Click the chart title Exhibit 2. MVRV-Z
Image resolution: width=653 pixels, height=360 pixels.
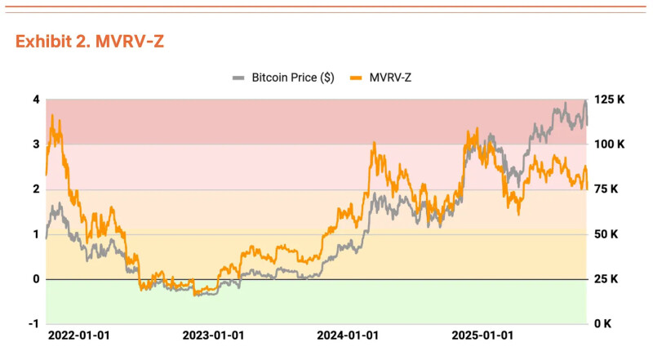pyautogui.click(x=90, y=42)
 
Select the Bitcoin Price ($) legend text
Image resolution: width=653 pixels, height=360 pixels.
pyautogui.click(x=293, y=78)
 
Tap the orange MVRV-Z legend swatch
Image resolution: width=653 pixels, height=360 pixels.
pyautogui.click(x=356, y=78)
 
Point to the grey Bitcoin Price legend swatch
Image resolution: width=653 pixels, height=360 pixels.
pyautogui.click(x=238, y=78)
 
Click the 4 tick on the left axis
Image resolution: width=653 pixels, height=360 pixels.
pyautogui.click(x=37, y=100)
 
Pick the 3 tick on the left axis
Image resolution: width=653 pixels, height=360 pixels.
pyautogui.click(x=37, y=144)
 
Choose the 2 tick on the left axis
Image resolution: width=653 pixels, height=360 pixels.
pyautogui.click(x=37, y=189)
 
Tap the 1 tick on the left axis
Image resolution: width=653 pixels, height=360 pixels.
pyautogui.click(x=37, y=234)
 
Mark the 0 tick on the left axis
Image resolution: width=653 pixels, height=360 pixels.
pyautogui.click(x=37, y=279)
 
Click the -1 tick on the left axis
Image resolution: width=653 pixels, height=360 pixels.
pyautogui.click(x=35, y=324)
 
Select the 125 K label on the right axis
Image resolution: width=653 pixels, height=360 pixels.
pyautogui.click(x=609, y=100)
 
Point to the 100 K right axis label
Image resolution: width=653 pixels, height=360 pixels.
pyautogui.click(x=609, y=144)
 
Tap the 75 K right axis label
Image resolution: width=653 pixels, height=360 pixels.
pyautogui.click(x=606, y=189)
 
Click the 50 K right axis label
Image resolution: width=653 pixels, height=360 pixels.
pyautogui.click(x=606, y=234)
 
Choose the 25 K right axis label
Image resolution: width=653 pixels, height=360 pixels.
pyautogui.click(x=606, y=279)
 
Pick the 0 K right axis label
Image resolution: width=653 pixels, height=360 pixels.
pyautogui.click(x=602, y=324)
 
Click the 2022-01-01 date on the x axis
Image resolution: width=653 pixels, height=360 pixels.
pyautogui.click(x=79, y=336)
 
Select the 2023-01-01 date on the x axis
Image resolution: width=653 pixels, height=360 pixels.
pyautogui.click(x=213, y=336)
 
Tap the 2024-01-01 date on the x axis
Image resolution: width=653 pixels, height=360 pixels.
pyautogui.click(x=348, y=336)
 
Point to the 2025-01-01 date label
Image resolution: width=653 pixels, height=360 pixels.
pyautogui.click(x=482, y=336)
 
